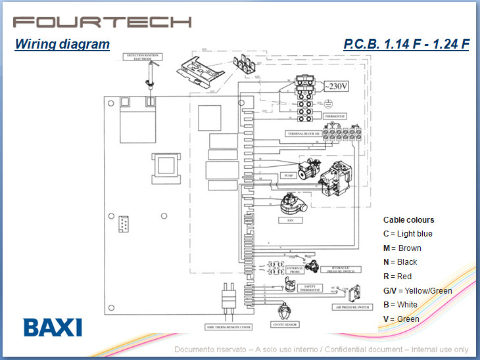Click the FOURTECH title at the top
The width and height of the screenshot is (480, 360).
pyautogui.click(x=102, y=21)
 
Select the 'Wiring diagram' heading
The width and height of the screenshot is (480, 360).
pyautogui.click(x=62, y=45)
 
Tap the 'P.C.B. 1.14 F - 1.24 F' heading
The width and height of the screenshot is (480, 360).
pyautogui.click(x=406, y=45)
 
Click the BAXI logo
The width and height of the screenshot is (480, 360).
pyautogui.click(x=52, y=327)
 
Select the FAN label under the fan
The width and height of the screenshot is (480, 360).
pyautogui.click(x=289, y=221)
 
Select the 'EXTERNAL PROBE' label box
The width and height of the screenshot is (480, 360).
pyautogui.click(x=294, y=269)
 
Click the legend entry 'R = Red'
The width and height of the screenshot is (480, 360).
pyautogui.click(x=397, y=277)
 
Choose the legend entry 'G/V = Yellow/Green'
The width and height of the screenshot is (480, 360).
pyautogui.click(x=418, y=290)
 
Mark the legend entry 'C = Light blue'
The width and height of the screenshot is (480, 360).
pyautogui.click(x=408, y=234)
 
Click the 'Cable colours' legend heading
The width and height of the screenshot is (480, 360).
pyautogui.click(x=408, y=220)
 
